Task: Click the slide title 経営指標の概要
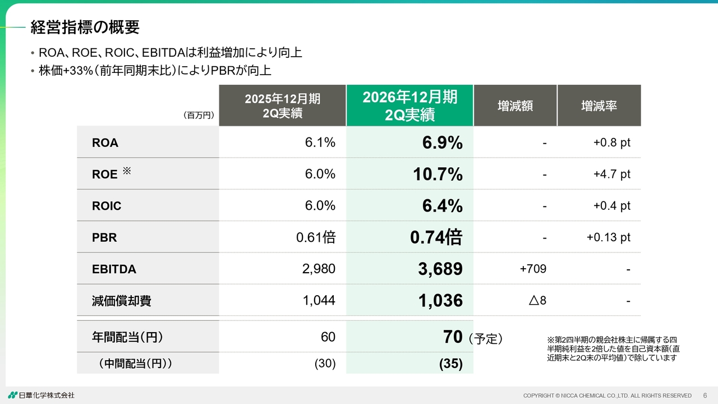(x=85, y=27)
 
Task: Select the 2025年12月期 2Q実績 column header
(x=282, y=105)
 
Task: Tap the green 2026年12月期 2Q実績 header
(x=409, y=105)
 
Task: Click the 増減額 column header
(x=515, y=105)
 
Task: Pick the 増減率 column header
(x=599, y=105)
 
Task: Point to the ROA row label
(x=105, y=143)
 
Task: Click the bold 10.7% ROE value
(x=438, y=174)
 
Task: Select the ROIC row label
(x=107, y=206)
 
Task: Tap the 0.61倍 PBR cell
(x=316, y=237)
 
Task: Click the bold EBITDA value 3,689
(x=440, y=269)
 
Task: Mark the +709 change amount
(x=533, y=269)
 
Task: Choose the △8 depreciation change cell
(x=537, y=300)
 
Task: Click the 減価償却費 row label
(x=121, y=301)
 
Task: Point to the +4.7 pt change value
(x=612, y=174)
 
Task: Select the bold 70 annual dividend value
(x=453, y=337)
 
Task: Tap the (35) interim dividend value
(x=450, y=364)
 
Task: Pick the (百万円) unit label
(x=199, y=115)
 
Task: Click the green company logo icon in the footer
(x=13, y=395)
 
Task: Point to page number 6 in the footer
(x=705, y=396)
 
